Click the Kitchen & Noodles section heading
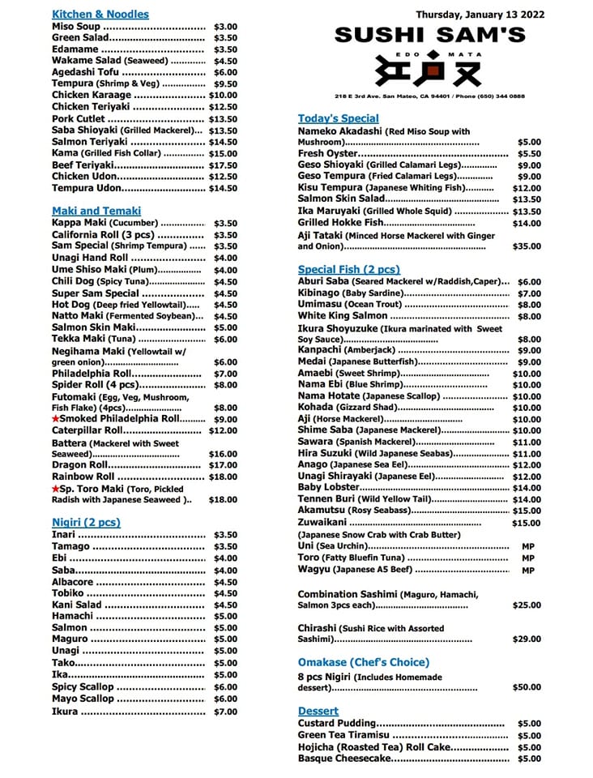[100, 14]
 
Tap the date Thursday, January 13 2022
[480, 14]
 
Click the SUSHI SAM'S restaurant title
[429, 35]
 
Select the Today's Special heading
[338, 118]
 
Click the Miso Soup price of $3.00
[225, 27]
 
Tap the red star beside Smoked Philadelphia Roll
[56, 419]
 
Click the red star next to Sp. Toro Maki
[56, 489]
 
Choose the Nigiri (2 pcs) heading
[86, 523]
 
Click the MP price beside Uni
[527, 546]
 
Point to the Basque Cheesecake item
[344, 759]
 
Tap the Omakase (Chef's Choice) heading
[364, 662]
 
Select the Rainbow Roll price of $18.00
[223, 477]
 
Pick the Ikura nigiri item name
[65, 712]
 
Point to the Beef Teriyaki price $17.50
[223, 165]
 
